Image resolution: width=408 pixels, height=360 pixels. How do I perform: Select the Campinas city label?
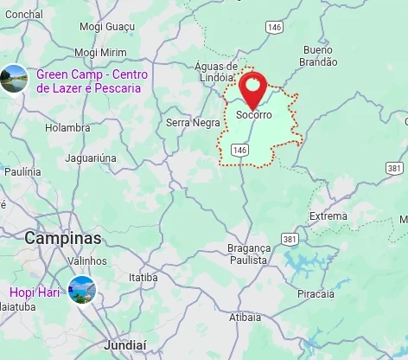[x=63, y=238]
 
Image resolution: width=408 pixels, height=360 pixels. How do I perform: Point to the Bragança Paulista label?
[x=248, y=254]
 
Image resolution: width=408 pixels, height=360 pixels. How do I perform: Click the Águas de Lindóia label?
[x=216, y=72]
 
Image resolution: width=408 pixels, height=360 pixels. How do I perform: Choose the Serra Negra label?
[x=193, y=123]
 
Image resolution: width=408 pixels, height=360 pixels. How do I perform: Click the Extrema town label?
[x=328, y=216]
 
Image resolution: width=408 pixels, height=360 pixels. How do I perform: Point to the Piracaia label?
[x=316, y=294]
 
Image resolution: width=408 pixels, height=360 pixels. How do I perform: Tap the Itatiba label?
[x=143, y=278]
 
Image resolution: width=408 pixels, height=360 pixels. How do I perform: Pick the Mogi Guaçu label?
[x=107, y=27]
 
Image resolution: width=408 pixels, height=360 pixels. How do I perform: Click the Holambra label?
[x=67, y=128]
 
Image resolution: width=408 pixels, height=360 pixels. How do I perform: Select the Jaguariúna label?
[x=91, y=158]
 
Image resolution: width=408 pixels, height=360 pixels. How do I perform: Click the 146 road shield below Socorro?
[x=240, y=151]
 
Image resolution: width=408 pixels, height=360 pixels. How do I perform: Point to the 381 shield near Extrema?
[x=290, y=239]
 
